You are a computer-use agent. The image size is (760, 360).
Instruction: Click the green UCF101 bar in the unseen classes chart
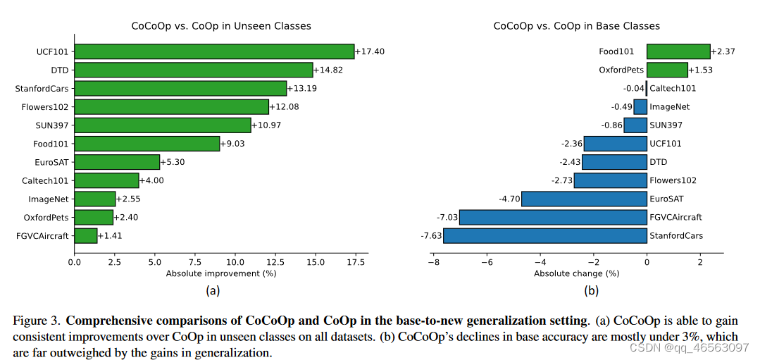[214, 51]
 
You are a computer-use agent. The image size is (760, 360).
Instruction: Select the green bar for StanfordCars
[180, 88]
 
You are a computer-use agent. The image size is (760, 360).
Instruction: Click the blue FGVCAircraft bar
[553, 217]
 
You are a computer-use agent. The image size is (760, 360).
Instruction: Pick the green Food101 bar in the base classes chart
[678, 51]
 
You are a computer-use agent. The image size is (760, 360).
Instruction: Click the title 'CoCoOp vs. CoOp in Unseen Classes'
[221, 26]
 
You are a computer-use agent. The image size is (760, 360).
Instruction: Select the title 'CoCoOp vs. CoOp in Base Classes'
[576, 26]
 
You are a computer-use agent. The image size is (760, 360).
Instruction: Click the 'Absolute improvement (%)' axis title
[221, 273]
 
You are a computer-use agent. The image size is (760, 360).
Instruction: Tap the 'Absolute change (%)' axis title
[576, 273]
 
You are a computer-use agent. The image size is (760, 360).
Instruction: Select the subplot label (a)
[213, 290]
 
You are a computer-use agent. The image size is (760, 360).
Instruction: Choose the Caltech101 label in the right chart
[673, 88]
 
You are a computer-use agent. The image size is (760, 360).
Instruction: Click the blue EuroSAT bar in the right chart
[584, 199]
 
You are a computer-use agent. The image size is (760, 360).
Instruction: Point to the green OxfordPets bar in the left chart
[94, 217]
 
